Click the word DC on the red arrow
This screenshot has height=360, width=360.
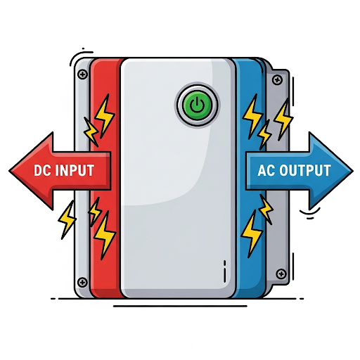(42, 170)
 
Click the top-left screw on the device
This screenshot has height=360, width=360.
(82, 75)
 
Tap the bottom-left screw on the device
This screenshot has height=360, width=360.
(82, 282)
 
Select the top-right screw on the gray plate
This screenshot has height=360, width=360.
(277, 80)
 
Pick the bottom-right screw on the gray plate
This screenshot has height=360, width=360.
(281, 274)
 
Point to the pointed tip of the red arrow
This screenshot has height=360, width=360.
(9, 171)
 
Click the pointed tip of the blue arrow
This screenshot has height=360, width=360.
(352, 171)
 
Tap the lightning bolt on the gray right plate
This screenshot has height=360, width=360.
(283, 120)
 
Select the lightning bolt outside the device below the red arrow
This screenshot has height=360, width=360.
(67, 220)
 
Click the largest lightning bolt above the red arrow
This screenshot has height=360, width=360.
(105, 116)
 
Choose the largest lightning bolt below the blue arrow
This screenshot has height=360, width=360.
(251, 233)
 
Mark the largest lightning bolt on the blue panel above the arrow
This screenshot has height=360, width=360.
(252, 116)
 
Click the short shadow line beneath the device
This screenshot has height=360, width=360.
(180, 306)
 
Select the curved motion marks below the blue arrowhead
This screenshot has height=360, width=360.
(310, 213)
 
